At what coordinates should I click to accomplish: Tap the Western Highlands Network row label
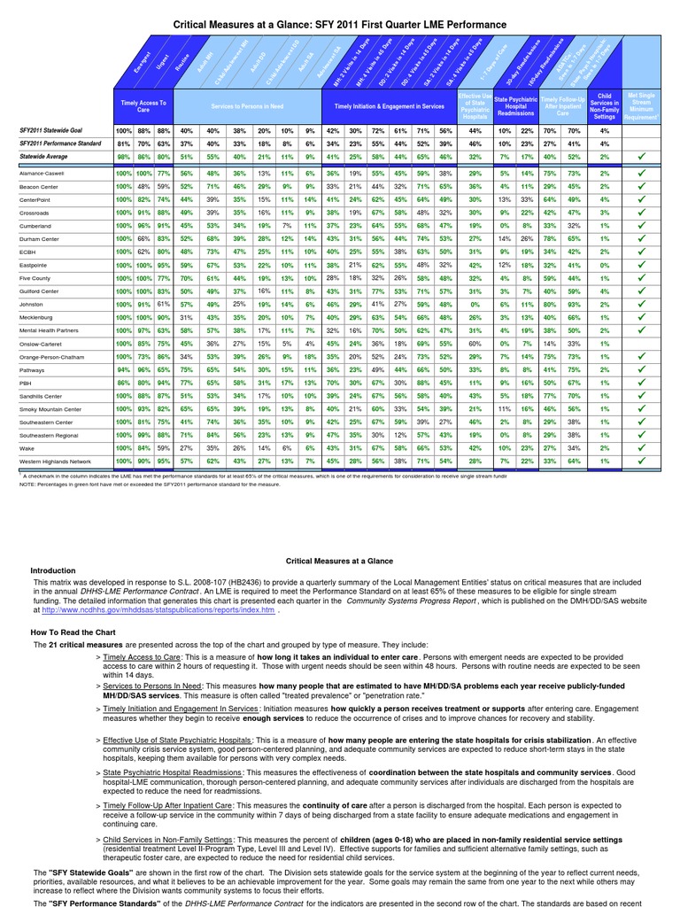(x=55, y=461)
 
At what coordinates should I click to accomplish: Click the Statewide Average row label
(x=44, y=155)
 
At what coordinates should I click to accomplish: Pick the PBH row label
(x=26, y=383)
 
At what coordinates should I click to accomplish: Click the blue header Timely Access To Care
(x=143, y=106)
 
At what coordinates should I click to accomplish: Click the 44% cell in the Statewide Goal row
(x=475, y=131)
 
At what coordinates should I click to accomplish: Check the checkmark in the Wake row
(x=642, y=448)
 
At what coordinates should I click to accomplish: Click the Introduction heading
(x=54, y=570)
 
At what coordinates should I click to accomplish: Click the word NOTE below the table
(x=27, y=484)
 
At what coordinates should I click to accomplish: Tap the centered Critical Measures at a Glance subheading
(x=339, y=561)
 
